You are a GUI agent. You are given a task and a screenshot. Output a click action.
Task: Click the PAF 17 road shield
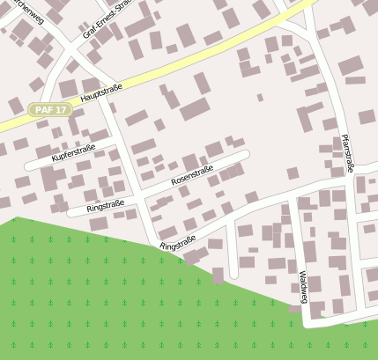point(49,110)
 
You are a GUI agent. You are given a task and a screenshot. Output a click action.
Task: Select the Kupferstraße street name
point(74,154)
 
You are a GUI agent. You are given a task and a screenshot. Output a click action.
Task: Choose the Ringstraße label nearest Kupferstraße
point(106,208)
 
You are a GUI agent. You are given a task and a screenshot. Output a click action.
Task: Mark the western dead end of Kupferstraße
point(29,165)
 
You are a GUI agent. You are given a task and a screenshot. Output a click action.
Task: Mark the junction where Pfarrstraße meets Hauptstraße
point(315,4)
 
